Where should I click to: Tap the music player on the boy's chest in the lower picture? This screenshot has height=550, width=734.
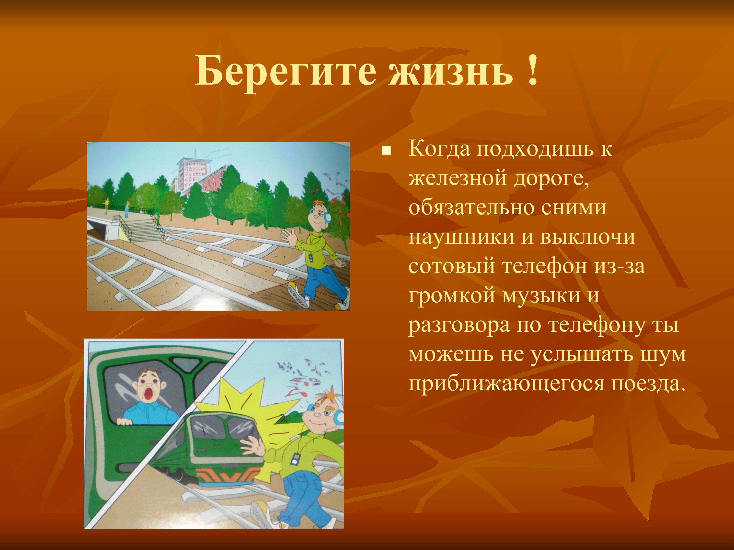click(x=294, y=459)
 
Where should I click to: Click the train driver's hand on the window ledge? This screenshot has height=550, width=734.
click(x=125, y=422)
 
